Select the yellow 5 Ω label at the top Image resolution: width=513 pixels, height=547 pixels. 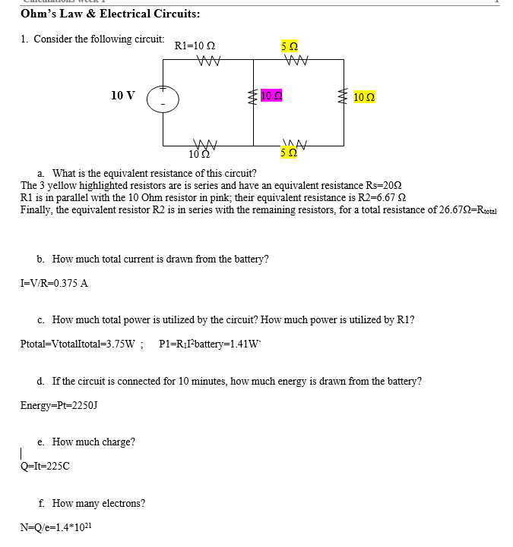290,47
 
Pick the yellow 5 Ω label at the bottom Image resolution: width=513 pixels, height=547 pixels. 289,155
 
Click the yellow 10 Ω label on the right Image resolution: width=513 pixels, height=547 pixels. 364,97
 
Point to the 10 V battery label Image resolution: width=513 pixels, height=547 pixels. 123,96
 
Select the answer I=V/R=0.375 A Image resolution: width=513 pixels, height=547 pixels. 54,283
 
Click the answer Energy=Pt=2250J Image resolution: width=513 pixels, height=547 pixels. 59,405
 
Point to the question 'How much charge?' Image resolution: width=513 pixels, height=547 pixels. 93,442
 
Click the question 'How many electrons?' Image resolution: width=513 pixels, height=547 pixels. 99,502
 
